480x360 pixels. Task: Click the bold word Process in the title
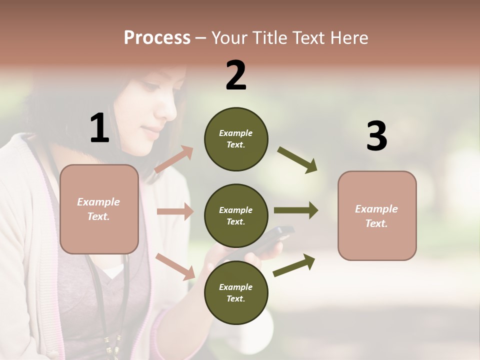157,37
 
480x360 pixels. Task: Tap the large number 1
99,128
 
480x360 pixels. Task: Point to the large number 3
376,136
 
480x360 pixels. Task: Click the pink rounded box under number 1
99,209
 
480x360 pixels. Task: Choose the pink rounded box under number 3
377,215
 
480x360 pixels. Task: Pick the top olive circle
236,139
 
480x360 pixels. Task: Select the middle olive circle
236,215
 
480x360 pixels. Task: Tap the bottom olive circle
236,292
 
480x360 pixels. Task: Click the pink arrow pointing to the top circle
174,159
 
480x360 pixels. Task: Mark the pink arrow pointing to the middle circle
175,211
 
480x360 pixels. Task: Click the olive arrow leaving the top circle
297,159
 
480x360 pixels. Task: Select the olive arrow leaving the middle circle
295,210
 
